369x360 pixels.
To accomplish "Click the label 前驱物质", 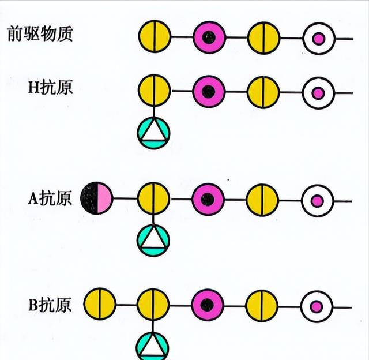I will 39,34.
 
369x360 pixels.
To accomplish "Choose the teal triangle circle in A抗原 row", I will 153,239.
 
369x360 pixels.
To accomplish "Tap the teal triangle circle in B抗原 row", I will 153,346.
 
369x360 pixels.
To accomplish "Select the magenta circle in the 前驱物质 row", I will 209,37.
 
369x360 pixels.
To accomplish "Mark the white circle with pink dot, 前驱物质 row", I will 318,38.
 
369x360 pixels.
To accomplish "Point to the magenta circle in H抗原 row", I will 209,91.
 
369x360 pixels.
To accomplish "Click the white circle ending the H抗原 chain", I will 318,92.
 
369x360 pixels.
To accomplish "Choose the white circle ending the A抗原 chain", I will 317,201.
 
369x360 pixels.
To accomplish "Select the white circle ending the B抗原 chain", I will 316,306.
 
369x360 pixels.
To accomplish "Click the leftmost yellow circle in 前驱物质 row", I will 154,37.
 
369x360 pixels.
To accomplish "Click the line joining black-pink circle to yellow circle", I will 125,198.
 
